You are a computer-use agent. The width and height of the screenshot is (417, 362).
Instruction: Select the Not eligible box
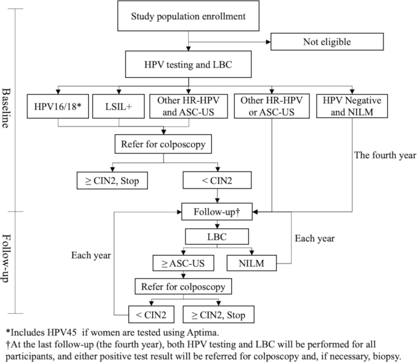pyautogui.click(x=328, y=43)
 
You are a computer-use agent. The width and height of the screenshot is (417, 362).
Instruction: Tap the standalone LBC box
pyautogui.click(x=216, y=235)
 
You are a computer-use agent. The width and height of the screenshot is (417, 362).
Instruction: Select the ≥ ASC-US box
pyautogui.click(x=178, y=263)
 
